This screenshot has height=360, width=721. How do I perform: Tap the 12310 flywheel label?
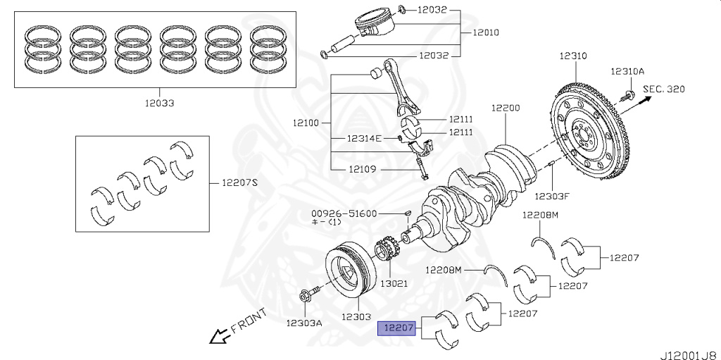tap(573, 56)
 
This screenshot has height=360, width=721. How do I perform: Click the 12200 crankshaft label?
tap(506, 108)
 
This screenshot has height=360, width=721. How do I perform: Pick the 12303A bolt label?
tap(303, 323)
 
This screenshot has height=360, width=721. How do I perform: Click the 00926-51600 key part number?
tap(344, 213)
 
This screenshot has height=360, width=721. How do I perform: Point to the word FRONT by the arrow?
tap(249, 321)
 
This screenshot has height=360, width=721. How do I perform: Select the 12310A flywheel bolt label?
tap(627, 72)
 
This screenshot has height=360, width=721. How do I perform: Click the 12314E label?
tap(363, 138)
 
